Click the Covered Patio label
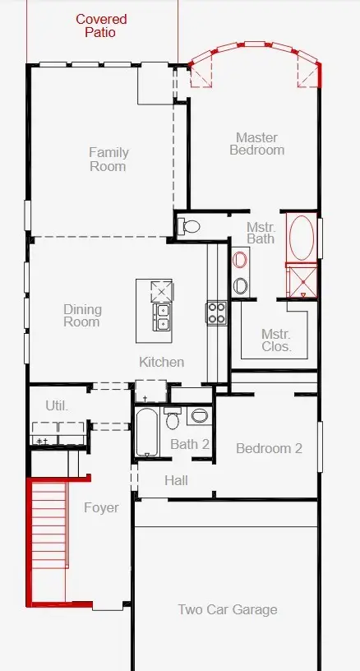click(x=101, y=25)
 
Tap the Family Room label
click(x=108, y=160)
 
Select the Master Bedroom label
click(x=257, y=144)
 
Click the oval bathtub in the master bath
click(x=302, y=238)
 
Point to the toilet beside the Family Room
click(x=188, y=225)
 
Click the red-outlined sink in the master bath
click(x=240, y=260)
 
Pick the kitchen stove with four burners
click(x=217, y=312)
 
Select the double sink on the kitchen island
click(x=163, y=317)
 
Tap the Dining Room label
click(x=82, y=316)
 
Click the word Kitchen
click(x=162, y=362)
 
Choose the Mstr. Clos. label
click(x=276, y=340)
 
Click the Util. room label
click(x=57, y=405)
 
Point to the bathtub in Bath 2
click(x=146, y=433)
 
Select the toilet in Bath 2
click(x=173, y=418)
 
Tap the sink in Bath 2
click(x=199, y=415)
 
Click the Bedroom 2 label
click(x=269, y=448)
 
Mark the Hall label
click(x=176, y=480)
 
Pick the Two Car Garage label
click(x=228, y=609)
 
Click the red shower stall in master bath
click(x=302, y=280)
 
